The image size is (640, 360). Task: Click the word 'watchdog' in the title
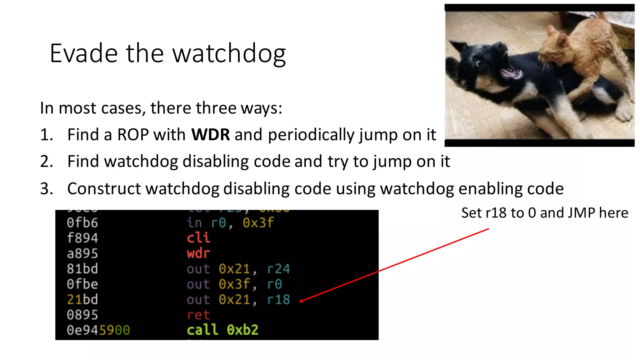[x=229, y=54]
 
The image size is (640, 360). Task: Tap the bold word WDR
[x=210, y=135]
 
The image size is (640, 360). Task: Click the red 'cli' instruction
[x=198, y=238]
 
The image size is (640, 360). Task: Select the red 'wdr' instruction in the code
[x=198, y=253]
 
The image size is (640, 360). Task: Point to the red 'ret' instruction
[x=198, y=315]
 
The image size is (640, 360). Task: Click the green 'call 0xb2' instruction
[x=222, y=330]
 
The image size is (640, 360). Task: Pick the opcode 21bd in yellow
[x=82, y=299]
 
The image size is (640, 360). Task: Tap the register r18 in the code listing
[x=278, y=299]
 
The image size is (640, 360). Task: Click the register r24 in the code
[x=278, y=269]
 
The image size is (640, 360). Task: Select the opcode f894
[x=82, y=238]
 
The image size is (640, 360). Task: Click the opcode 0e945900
[x=98, y=330]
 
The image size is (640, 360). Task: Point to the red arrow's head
[x=301, y=301]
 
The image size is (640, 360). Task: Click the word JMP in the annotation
[x=581, y=213]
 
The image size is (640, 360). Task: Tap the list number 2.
[x=46, y=162]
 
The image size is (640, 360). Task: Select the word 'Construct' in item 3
[x=104, y=189]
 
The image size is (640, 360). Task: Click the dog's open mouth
[x=511, y=74]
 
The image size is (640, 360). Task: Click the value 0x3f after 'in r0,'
[x=258, y=223]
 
